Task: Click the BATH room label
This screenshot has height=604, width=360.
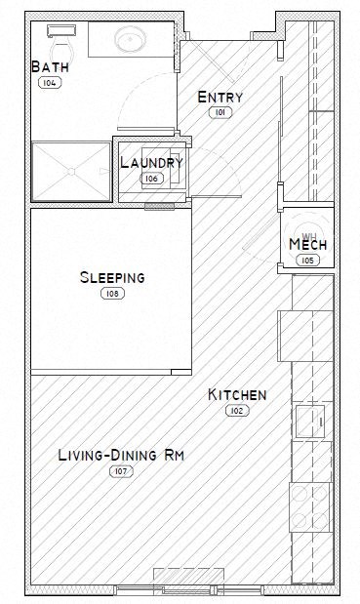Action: [x=49, y=67]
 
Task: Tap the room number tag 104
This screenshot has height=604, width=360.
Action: [x=49, y=84]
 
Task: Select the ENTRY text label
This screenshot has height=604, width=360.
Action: [x=220, y=97]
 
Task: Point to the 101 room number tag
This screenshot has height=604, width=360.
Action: [x=220, y=113]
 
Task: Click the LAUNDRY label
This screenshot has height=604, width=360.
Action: [x=151, y=162]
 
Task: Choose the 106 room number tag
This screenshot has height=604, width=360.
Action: [x=151, y=179]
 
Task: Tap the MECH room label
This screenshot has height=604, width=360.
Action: [x=308, y=244]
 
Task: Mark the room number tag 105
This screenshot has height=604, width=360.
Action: [x=308, y=261]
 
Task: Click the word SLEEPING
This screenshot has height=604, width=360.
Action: [x=112, y=277]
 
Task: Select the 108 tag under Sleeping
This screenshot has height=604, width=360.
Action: [x=112, y=294]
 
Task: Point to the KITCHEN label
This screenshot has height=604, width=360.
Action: [x=237, y=395]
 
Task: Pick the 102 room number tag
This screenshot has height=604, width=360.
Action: [x=237, y=412]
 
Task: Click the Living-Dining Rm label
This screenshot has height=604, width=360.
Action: [x=121, y=455]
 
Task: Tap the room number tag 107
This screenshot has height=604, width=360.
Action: [x=121, y=471]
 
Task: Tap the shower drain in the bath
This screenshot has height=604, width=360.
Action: [x=71, y=172]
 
